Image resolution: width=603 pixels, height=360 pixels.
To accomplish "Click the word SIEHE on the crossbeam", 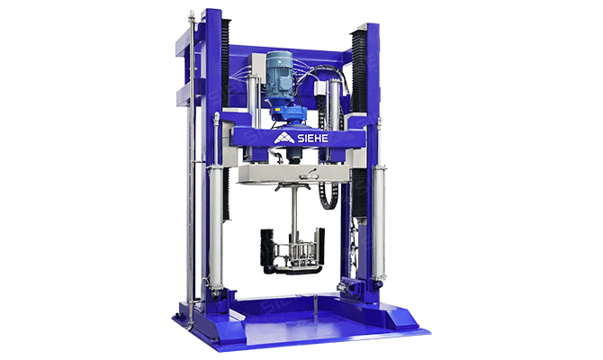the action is tap(312, 138).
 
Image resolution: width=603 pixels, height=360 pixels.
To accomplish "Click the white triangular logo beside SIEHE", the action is tap(283, 138).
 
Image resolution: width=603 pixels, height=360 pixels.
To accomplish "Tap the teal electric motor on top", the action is tap(279, 76).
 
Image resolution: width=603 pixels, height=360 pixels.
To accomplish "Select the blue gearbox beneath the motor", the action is tap(288, 113).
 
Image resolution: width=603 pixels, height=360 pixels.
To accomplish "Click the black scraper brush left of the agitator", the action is tap(266, 248).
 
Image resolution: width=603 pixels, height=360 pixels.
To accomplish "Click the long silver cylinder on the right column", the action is tap(379, 222).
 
